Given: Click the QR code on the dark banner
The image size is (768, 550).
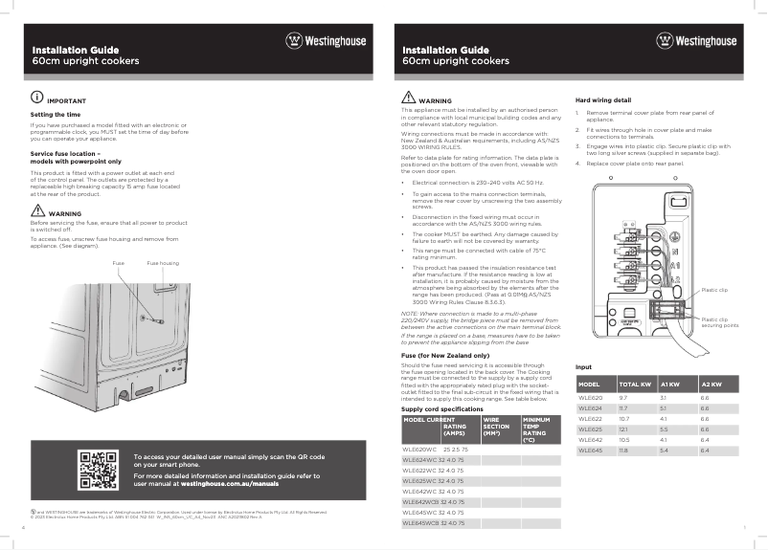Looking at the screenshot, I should pos(98,470).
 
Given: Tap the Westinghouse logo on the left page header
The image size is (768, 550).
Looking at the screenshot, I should pos(326,41).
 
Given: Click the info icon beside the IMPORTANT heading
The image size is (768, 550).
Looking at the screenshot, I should pos(36,99).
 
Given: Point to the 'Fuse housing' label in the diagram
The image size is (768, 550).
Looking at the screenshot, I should pos(162,262).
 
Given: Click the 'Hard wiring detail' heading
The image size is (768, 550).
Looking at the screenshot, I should pos(602,99).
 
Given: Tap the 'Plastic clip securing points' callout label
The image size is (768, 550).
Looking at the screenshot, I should pos(719,322).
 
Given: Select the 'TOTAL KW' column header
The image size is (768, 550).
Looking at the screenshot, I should pos(635,384).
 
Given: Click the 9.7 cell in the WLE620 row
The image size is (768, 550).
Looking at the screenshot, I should pos(623,396).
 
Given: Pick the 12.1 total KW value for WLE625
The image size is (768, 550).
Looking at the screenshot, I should pos(623,429).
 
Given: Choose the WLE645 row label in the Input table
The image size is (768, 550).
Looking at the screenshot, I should pos(590,449).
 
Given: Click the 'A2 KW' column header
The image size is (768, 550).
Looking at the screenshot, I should pos(712,384).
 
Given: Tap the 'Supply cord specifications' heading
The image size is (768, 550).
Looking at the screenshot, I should pos(441,408).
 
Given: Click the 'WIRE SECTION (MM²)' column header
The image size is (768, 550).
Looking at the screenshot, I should pos(497,426).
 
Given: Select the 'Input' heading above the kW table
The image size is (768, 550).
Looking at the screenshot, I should pos(583,367).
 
